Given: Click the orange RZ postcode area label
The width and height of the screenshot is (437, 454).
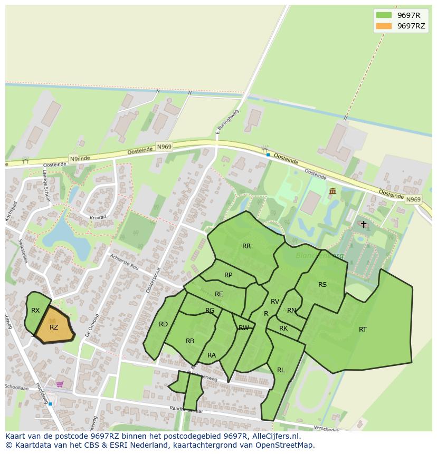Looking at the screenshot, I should (x=54, y=327).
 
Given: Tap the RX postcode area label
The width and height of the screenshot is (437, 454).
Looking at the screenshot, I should (x=35, y=311).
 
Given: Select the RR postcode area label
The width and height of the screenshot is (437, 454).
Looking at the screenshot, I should (x=246, y=246).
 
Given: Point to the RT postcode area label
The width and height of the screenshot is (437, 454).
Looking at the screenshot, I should (x=363, y=330).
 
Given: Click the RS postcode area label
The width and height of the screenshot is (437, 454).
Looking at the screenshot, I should (x=322, y=285).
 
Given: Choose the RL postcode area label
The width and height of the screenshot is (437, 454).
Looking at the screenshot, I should (x=281, y=370).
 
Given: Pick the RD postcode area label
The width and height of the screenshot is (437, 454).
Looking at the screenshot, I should (x=163, y=324).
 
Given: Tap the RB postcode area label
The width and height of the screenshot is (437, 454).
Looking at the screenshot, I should (x=190, y=341).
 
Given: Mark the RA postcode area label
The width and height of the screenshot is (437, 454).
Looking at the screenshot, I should (x=212, y=355).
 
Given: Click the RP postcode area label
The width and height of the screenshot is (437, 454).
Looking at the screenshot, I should (x=228, y=275).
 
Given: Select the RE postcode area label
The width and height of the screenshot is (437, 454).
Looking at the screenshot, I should (x=218, y=294).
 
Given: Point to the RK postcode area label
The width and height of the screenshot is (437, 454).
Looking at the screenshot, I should (x=283, y=329).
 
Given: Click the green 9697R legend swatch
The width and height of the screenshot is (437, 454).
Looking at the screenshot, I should (x=384, y=15).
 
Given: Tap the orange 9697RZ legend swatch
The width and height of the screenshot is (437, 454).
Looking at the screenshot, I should (x=384, y=26).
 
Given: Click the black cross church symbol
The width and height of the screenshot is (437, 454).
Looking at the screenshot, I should (x=363, y=224).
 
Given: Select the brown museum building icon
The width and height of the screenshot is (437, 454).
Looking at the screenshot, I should (x=332, y=191).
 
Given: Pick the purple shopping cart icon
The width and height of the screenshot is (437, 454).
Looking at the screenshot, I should (x=60, y=384).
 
